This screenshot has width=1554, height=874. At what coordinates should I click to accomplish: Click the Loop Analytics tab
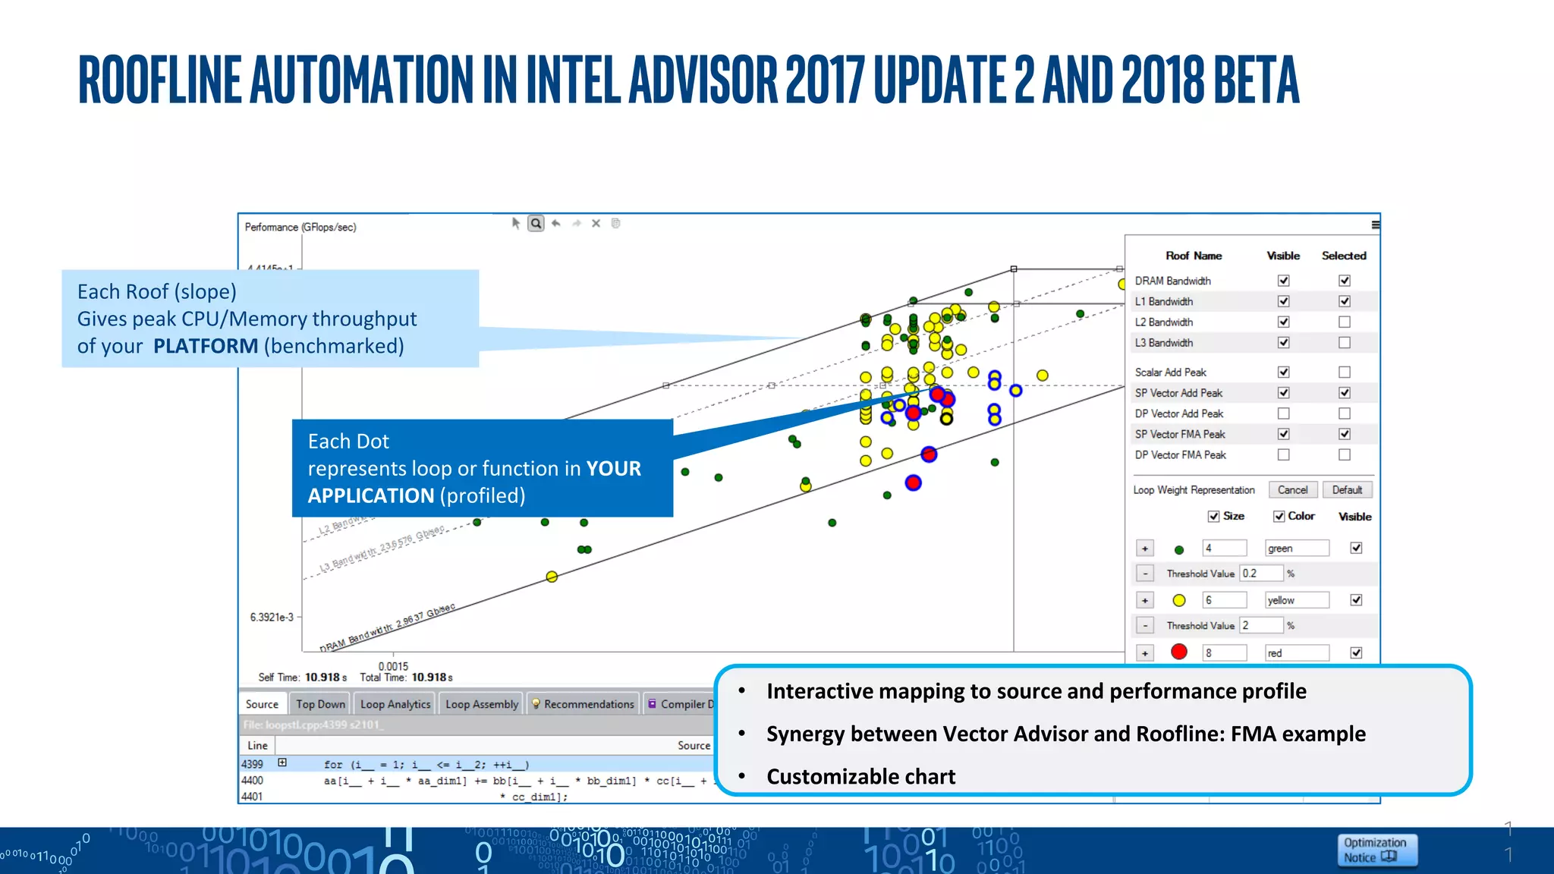click(395, 704)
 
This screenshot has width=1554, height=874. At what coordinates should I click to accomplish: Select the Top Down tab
click(320, 704)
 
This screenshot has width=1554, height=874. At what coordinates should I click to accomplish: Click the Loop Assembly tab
click(482, 704)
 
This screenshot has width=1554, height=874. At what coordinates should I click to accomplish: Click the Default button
click(1347, 490)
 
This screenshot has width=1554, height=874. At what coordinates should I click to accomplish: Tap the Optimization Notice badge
click(1376, 850)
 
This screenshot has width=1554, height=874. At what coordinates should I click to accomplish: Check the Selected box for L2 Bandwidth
click(1345, 322)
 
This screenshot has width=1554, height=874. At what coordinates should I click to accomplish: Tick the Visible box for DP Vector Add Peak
click(1283, 413)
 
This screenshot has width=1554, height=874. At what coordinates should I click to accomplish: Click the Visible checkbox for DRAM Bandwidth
click(1283, 281)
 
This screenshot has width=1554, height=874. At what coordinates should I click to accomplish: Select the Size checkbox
click(1213, 517)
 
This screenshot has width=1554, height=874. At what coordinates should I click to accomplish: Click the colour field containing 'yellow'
click(1297, 600)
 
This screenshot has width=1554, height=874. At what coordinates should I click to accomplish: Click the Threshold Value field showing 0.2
click(1261, 574)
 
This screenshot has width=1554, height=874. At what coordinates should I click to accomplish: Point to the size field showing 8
click(1224, 652)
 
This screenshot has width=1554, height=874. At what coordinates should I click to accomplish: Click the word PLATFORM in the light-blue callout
click(206, 346)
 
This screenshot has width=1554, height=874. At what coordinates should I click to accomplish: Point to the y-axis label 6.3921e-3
click(272, 617)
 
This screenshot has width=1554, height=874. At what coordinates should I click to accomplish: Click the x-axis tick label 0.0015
click(393, 666)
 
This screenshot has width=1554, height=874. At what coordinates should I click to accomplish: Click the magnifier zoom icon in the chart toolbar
click(536, 223)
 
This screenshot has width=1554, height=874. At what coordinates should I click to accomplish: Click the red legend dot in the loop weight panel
click(1179, 652)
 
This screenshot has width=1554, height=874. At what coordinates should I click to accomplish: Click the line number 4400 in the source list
click(253, 780)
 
